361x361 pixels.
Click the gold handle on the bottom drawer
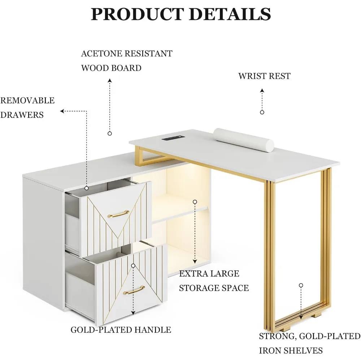pos(134,290)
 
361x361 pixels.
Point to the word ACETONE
pos(100,54)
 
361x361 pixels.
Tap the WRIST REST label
pos(264,76)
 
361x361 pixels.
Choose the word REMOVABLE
pos(27,100)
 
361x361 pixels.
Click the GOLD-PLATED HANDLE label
pos(121,330)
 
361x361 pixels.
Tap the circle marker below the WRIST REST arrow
pos(262,112)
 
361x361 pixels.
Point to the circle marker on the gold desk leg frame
pos(301,285)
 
